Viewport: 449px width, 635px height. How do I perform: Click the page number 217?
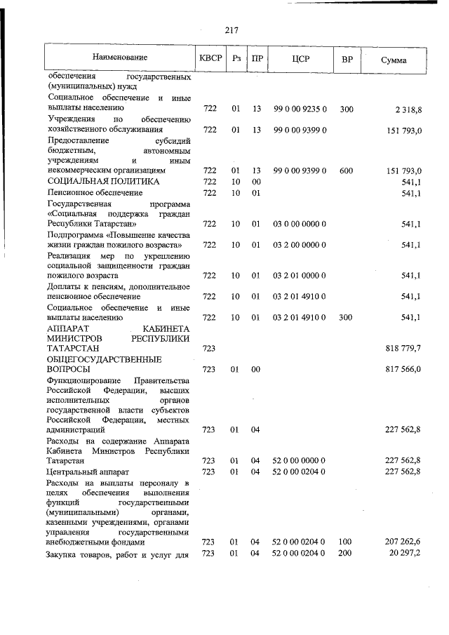(x=232, y=29)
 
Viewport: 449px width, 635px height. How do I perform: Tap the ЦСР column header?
(x=300, y=59)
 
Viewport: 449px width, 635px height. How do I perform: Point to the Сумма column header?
(x=394, y=60)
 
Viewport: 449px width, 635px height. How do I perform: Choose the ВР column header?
(x=347, y=59)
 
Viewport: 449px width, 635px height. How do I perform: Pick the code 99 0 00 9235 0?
(x=300, y=109)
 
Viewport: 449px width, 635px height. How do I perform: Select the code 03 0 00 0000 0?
(x=300, y=224)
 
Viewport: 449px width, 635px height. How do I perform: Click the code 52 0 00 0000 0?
(x=300, y=460)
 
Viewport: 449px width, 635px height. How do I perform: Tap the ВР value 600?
(x=347, y=171)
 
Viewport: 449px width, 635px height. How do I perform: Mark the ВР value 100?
(x=346, y=542)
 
